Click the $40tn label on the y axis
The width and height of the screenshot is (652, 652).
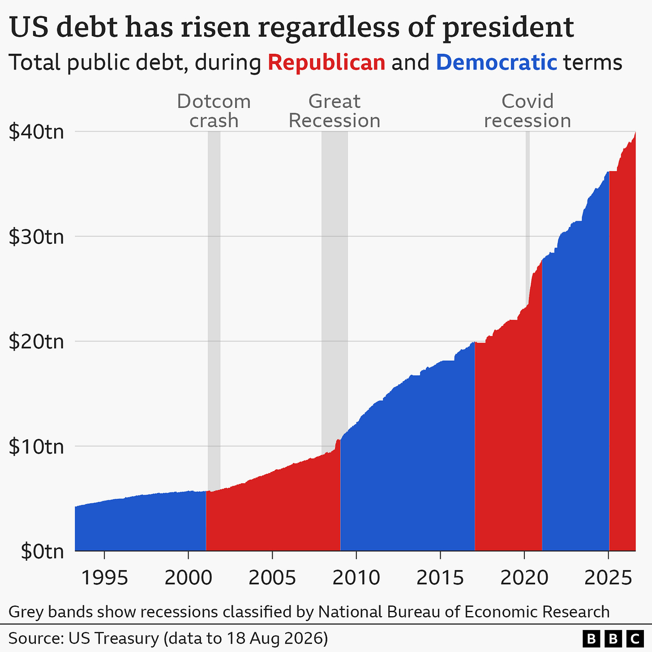tap(36, 132)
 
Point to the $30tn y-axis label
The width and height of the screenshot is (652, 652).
tap(36, 236)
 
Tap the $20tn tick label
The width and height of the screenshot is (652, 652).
tap(36, 341)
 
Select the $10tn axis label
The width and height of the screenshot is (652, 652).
tap(36, 446)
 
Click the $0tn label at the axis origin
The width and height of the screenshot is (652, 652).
tap(42, 552)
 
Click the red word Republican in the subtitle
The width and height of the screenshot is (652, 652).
tap(326, 63)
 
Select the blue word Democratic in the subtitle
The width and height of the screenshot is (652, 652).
tap(497, 63)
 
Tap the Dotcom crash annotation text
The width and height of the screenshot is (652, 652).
tap(214, 111)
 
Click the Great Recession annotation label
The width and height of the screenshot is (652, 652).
tap(335, 111)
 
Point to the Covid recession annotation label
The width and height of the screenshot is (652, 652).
tap(528, 111)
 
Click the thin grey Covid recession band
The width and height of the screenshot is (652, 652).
tap(528, 217)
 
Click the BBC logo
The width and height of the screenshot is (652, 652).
tap(613, 638)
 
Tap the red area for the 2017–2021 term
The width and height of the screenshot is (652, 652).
tap(508, 440)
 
